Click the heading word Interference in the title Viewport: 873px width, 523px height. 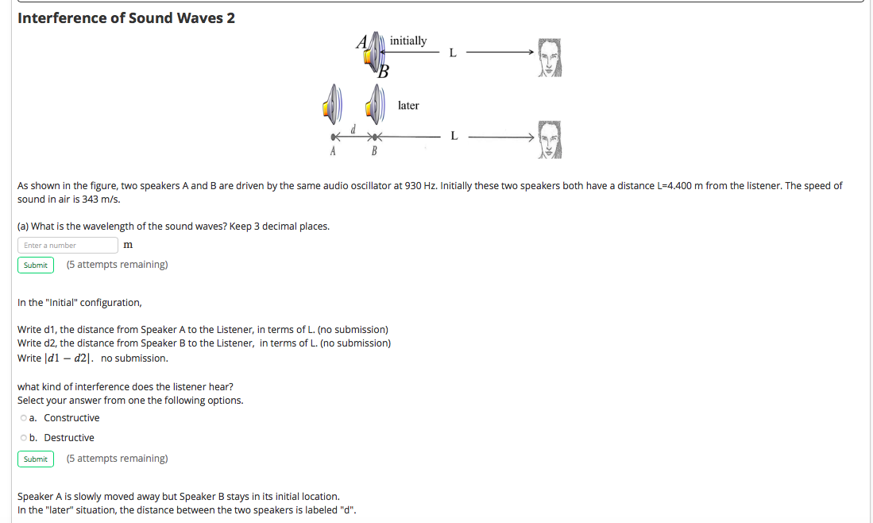(62, 17)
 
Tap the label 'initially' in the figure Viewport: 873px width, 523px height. (408, 41)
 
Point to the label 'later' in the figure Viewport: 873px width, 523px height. (408, 106)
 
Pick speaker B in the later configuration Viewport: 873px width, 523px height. (376, 103)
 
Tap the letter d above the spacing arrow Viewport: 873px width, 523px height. (353, 129)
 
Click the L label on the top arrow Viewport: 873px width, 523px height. (453, 53)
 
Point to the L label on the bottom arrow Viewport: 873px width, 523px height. (454, 135)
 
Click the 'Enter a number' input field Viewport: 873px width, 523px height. (68, 245)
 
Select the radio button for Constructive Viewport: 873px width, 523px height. (22, 418)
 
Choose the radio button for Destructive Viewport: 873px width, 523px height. (22, 438)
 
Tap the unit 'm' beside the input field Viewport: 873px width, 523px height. (128, 245)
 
